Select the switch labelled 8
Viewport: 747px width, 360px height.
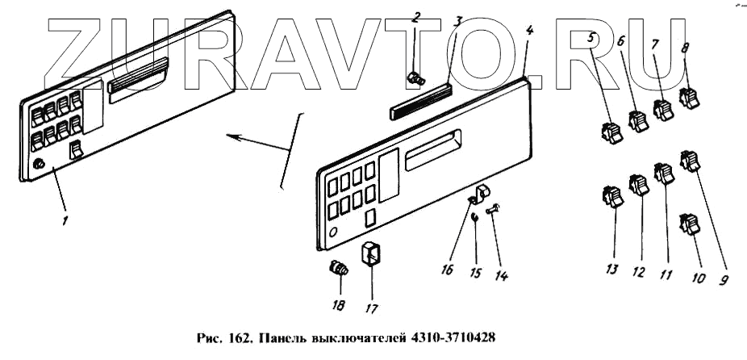[690, 100]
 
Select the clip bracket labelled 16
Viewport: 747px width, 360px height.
[482, 194]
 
